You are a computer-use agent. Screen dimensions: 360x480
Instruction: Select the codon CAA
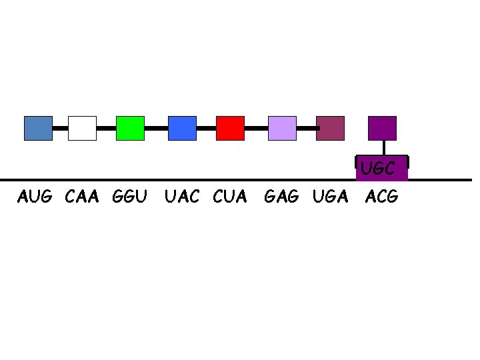83,197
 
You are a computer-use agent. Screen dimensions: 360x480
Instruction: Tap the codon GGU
130,197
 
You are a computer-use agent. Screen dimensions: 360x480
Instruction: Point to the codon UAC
182,197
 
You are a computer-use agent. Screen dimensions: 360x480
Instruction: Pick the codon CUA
230,197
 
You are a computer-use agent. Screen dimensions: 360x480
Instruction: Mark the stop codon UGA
330,197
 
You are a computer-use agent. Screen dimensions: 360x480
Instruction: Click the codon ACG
382,197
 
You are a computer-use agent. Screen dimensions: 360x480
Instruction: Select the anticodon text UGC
378,169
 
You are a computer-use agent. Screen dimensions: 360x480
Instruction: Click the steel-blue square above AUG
38,128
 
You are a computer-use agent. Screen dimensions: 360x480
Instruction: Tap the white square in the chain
83,128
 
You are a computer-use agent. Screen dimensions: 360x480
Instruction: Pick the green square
130,128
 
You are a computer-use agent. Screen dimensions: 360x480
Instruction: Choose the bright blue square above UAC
182,128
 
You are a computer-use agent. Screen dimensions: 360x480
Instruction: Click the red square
230,128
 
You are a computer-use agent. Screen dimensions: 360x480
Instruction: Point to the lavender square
282,128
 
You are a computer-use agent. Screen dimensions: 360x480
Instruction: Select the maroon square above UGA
330,128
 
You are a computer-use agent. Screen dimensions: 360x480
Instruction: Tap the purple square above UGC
382,128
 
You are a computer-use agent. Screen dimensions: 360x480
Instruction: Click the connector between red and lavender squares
256,127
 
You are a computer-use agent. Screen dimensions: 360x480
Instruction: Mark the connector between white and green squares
106,127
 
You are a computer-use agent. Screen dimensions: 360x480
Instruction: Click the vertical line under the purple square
382,147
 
